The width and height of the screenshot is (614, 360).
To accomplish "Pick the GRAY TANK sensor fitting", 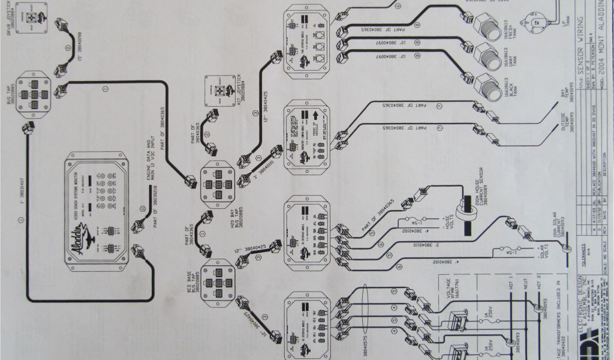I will click(486, 57).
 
